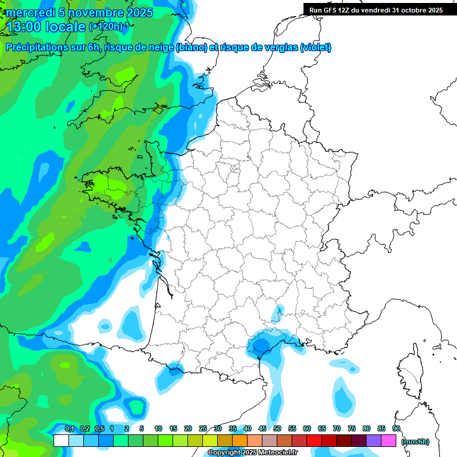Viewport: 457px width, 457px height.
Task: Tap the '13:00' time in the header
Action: [23, 27]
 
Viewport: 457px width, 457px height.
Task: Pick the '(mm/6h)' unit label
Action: [415, 441]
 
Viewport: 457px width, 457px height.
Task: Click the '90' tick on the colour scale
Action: [396, 428]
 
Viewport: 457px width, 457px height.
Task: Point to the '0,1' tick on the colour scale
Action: [69, 428]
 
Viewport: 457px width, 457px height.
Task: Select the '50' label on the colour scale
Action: [277, 428]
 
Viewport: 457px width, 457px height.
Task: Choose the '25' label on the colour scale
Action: [203, 428]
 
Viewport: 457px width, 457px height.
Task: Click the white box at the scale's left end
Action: [61, 440]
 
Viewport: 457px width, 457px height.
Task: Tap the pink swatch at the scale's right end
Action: [389, 440]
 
